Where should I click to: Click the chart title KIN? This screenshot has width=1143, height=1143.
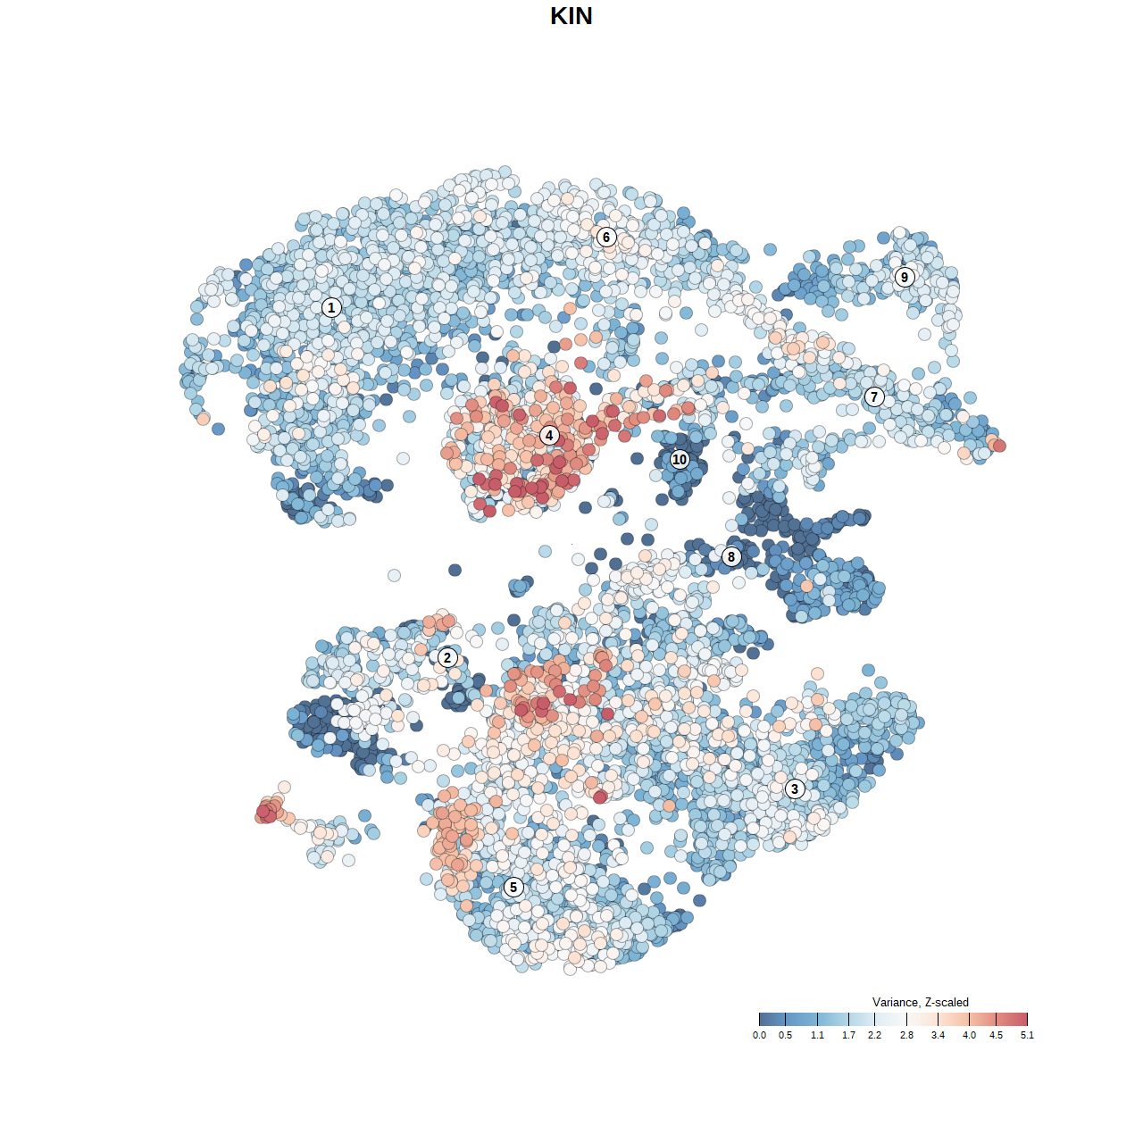pyautogui.click(x=571, y=16)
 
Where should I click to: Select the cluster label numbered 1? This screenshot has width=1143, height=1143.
pyautogui.click(x=331, y=308)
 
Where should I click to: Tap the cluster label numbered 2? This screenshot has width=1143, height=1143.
pyautogui.click(x=447, y=658)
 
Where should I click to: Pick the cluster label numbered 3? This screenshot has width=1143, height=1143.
pyautogui.click(x=795, y=789)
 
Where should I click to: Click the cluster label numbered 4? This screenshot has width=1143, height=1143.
pyautogui.click(x=549, y=436)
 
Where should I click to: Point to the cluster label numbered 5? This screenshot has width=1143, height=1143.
pyautogui.click(x=513, y=888)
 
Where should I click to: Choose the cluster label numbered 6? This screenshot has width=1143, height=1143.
pyautogui.click(x=606, y=238)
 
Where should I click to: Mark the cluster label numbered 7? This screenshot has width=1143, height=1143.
pyautogui.click(x=874, y=397)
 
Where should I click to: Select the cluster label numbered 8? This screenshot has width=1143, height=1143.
pyautogui.click(x=731, y=557)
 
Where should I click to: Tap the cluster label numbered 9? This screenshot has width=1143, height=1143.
pyautogui.click(x=905, y=277)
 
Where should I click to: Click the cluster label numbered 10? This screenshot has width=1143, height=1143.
pyautogui.click(x=680, y=460)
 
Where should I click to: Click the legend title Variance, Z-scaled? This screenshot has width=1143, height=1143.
pyautogui.click(x=920, y=1003)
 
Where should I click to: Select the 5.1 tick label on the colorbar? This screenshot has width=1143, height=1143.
pyautogui.click(x=1027, y=1036)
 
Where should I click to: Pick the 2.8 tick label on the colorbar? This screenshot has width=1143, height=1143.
pyautogui.click(x=906, y=1036)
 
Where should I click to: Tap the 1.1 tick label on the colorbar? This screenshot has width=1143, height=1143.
pyautogui.click(x=817, y=1036)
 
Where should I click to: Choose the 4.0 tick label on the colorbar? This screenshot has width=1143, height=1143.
pyautogui.click(x=969, y=1036)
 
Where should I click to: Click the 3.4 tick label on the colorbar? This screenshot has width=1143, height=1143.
pyautogui.click(x=938, y=1036)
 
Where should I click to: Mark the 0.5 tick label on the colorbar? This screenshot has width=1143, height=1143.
pyautogui.click(x=785, y=1036)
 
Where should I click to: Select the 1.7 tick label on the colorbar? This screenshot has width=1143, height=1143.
pyautogui.click(x=848, y=1036)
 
